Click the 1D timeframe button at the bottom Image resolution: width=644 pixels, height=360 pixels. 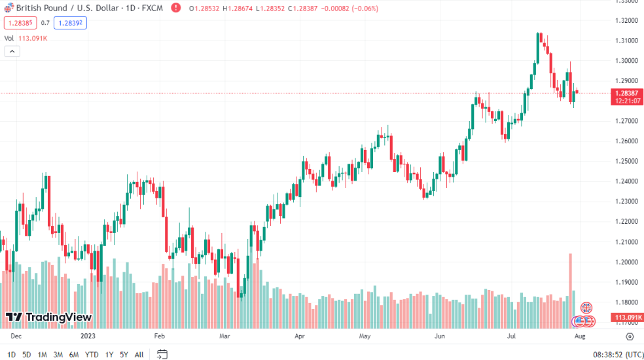(11, 355)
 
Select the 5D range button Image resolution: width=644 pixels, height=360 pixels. (27, 355)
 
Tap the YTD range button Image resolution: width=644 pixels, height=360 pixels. (92, 355)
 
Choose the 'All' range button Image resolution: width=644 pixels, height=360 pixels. (139, 355)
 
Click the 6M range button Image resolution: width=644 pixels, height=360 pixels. (74, 355)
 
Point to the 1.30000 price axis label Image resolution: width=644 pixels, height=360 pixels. (626, 61)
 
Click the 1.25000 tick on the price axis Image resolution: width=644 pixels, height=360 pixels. (626, 161)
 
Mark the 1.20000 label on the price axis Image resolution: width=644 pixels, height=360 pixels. (626, 262)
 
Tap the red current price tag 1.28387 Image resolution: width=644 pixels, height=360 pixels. (626, 93)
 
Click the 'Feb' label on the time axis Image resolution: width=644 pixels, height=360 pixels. (159, 336)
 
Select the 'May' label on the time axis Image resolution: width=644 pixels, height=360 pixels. (365, 336)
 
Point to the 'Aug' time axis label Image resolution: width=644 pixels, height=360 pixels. (579, 336)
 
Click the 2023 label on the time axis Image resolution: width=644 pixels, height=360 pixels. (88, 336)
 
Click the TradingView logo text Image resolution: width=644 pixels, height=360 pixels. (59, 317)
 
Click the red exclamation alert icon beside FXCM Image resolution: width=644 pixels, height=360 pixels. (175, 9)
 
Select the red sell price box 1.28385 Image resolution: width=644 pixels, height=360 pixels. (19, 22)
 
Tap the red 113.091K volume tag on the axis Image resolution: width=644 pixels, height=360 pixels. (626, 317)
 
